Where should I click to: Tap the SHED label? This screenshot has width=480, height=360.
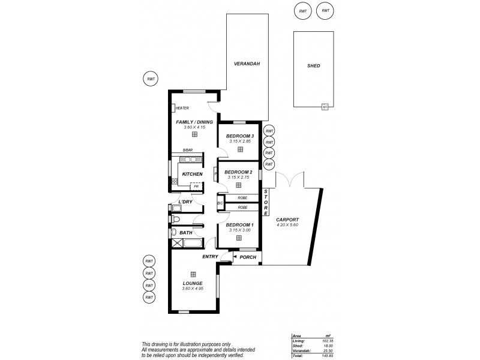(x=313, y=66)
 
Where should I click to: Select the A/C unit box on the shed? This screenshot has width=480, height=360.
(x=325, y=107)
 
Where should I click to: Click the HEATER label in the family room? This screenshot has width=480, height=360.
(x=182, y=109)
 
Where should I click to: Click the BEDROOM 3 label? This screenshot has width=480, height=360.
(x=240, y=136)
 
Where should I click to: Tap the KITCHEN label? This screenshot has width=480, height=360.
(x=192, y=174)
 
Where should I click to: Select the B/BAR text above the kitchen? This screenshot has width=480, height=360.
(x=187, y=150)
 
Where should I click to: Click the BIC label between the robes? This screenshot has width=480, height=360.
(x=220, y=203)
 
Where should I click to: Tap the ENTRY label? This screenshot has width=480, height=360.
(x=209, y=257)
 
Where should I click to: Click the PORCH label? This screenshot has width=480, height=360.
(x=248, y=257)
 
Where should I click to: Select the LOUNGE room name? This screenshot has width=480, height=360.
(x=193, y=283)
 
